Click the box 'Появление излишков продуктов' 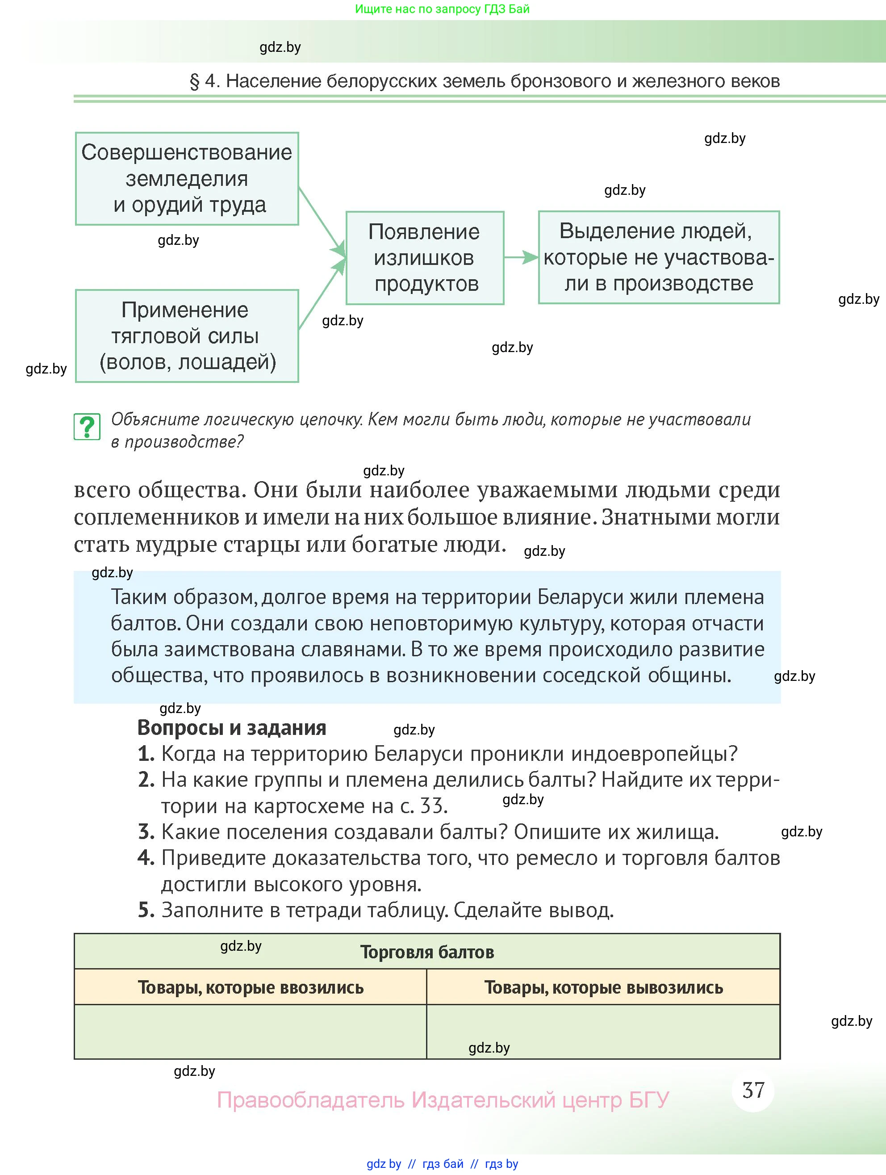pos(425,258)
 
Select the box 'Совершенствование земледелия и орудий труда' pos(187,178)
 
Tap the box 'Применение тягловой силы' pos(187,336)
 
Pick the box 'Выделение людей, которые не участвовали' pos(658,257)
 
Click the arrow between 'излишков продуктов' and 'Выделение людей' pos(521,258)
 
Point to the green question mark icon pos(87,427)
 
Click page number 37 pos(753,1091)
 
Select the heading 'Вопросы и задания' pos(231,728)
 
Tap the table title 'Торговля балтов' pos(427,952)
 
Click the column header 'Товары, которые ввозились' pos(251,987)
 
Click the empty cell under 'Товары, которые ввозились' pos(251,1032)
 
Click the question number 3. pos(146,832)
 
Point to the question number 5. pos(146,911)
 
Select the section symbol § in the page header pos(194,81)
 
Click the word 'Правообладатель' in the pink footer pos(310,1099)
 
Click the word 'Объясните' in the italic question pos(149,420)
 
